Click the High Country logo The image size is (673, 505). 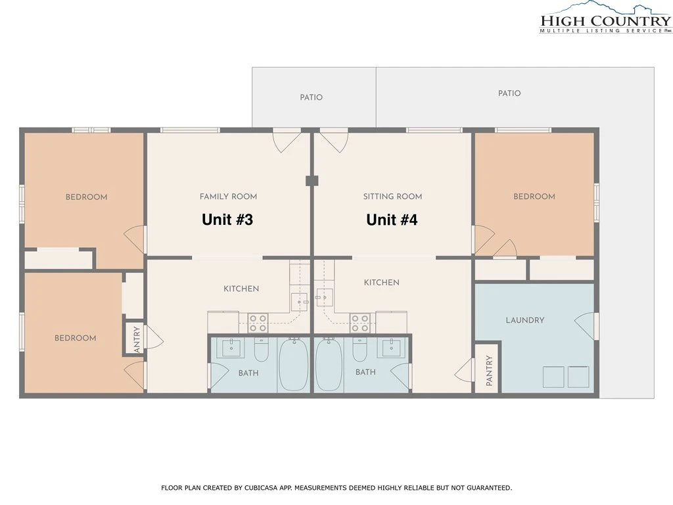(605, 17)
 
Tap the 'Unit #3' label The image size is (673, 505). (227, 220)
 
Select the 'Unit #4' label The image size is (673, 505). (392, 220)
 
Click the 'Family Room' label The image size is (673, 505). (228, 196)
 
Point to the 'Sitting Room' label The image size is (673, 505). (393, 196)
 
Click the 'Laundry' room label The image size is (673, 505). (525, 320)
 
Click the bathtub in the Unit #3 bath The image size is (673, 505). (294, 364)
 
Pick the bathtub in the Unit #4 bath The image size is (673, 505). (329, 364)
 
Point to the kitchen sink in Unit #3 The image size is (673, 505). (299, 302)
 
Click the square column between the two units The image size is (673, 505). (312, 180)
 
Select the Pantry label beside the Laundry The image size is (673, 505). (489, 370)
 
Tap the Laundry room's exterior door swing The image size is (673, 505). (585, 326)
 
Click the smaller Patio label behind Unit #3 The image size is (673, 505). (311, 97)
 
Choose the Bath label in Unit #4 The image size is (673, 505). (365, 372)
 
